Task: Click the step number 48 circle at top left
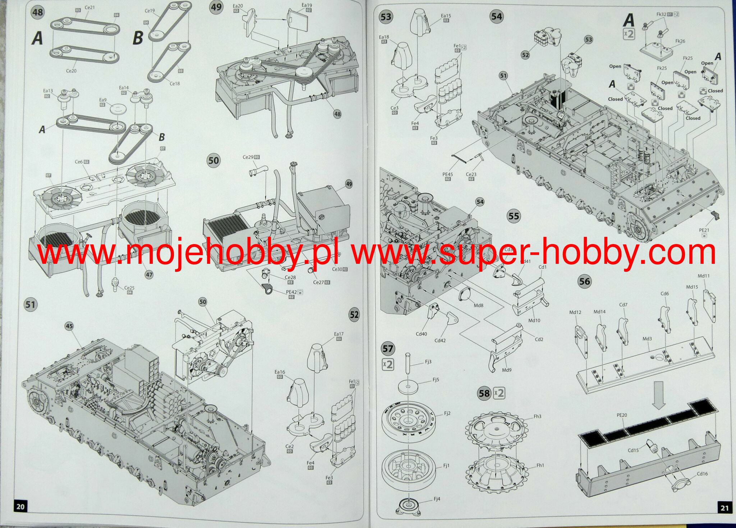coord(38,12)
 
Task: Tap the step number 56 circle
coord(584,281)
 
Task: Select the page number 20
coord(20,507)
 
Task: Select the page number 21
coord(724,508)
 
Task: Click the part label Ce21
coord(89,7)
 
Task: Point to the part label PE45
coord(447,174)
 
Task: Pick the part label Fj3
coord(428,362)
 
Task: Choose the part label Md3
coord(647,339)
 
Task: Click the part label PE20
coord(622,415)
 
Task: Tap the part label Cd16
coord(702,474)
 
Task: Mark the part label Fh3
coord(537,417)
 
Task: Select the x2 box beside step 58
coord(499,393)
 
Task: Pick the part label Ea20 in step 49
coord(238,6)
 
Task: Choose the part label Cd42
coord(440,340)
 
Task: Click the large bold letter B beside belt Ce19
coord(138,38)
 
